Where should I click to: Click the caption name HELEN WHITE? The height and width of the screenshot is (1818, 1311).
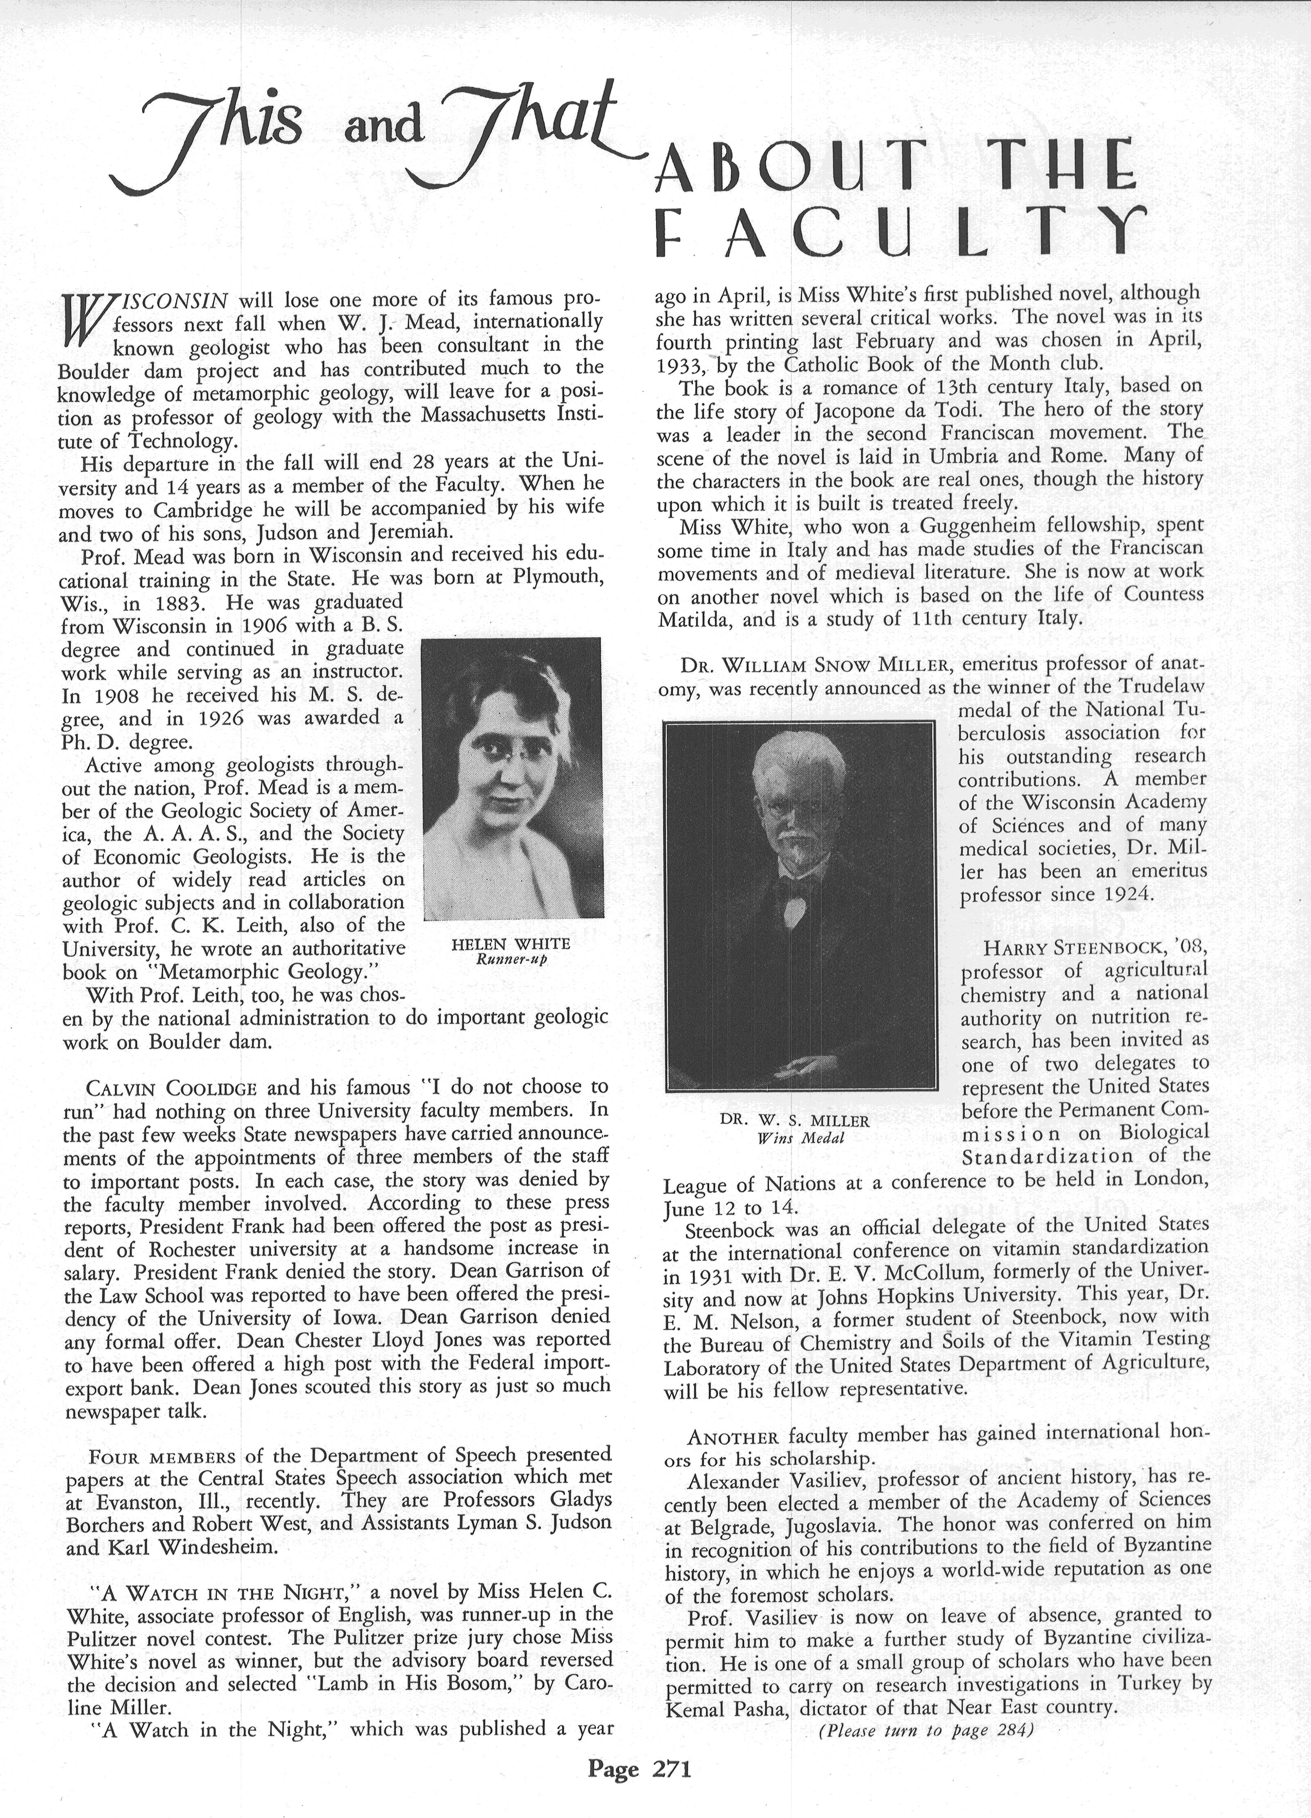[x=511, y=944]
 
